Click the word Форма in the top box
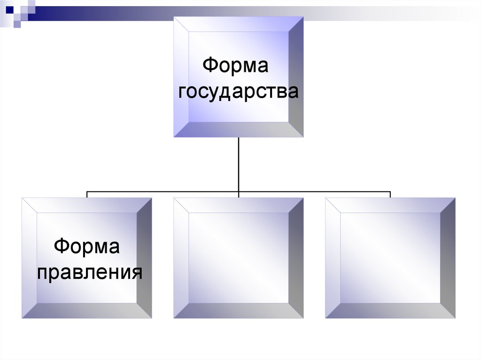click(235, 65)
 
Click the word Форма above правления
click(87, 246)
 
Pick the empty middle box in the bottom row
click(238, 258)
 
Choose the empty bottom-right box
click(390, 258)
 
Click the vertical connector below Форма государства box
click(239, 164)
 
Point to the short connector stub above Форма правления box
click(87, 194)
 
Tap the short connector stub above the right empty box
click(390, 194)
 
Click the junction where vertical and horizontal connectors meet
click(239, 191)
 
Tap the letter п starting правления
click(43, 272)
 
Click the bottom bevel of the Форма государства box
click(238, 130)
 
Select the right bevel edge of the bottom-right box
click(448, 258)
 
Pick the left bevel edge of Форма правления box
click(29, 258)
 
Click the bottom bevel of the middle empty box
click(238, 310)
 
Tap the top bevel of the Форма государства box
click(238, 24)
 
